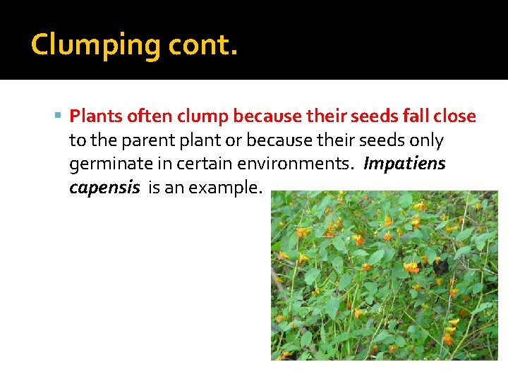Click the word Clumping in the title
click(96, 46)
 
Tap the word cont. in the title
click(203, 46)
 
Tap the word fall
click(421, 116)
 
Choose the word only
click(426, 140)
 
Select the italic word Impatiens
click(404, 164)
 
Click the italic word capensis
click(104, 189)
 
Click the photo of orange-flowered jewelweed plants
click(385, 275)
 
